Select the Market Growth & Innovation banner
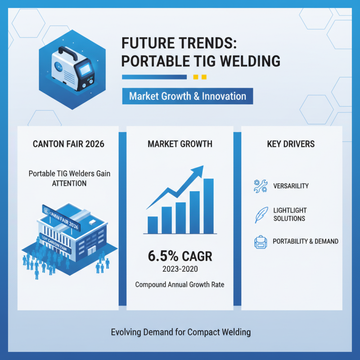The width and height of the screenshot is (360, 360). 187,96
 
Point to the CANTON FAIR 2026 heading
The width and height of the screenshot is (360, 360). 68,144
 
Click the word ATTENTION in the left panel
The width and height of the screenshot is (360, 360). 69,183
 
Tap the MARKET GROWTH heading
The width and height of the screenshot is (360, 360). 180,144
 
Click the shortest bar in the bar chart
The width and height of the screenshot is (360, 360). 153,225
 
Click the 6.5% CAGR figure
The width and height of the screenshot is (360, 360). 180,257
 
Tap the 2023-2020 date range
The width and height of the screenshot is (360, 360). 180,270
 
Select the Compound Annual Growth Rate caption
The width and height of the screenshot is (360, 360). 180,284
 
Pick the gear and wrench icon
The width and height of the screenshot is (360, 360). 260,186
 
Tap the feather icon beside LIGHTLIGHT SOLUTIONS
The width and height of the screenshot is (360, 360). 260,215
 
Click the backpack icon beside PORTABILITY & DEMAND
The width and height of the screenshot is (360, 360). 260,242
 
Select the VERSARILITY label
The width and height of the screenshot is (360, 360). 291,186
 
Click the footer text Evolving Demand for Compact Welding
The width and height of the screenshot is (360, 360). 180,333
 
